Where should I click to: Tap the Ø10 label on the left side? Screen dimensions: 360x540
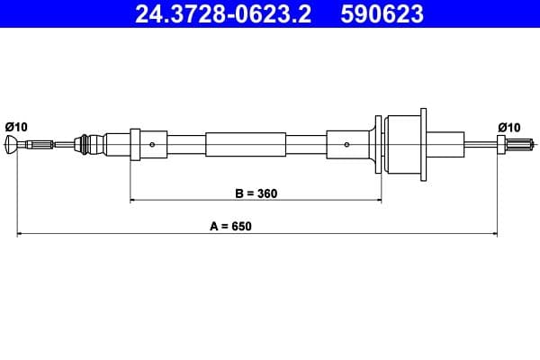point(16,126)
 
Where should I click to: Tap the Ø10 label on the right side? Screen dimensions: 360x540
point(508,126)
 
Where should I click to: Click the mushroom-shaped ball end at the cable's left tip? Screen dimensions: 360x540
point(12,144)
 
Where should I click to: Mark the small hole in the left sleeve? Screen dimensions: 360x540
point(153,144)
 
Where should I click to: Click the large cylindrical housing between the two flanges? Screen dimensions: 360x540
point(400,144)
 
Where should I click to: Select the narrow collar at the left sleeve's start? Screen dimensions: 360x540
point(135,144)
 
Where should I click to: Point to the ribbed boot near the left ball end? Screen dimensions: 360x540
point(86,144)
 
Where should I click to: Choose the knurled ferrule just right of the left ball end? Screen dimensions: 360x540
point(40,144)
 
